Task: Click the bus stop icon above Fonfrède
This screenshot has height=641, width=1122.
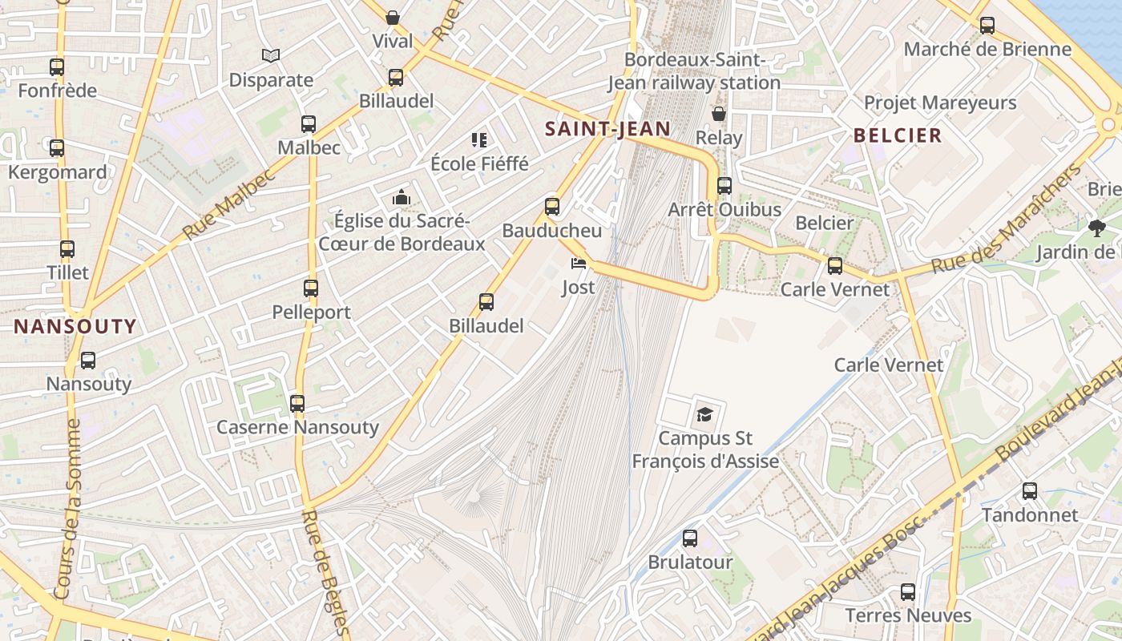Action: coord(56,67)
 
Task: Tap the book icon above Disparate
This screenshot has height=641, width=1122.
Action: coord(271,55)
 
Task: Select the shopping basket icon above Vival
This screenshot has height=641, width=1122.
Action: coord(393,17)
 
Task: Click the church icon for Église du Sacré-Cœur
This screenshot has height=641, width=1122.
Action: coord(401,196)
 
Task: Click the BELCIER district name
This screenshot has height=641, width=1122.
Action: coord(898,135)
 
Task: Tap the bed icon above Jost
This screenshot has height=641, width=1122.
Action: coord(579,263)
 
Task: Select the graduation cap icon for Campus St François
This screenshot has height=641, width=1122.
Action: coord(704,413)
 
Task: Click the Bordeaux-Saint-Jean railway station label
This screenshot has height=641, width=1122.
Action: coord(694,71)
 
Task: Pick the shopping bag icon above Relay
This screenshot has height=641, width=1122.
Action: coord(719,114)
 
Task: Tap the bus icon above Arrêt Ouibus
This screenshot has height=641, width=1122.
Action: coord(724,186)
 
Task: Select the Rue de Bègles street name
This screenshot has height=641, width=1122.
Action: coord(327,573)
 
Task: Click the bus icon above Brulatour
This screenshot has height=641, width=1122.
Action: coord(690,538)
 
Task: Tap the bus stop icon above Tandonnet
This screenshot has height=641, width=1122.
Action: coord(1030,491)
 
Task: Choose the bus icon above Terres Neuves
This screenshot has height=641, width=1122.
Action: coord(908,592)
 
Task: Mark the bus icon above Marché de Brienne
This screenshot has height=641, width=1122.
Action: coord(987,26)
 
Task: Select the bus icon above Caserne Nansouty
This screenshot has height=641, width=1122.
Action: coord(297,404)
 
